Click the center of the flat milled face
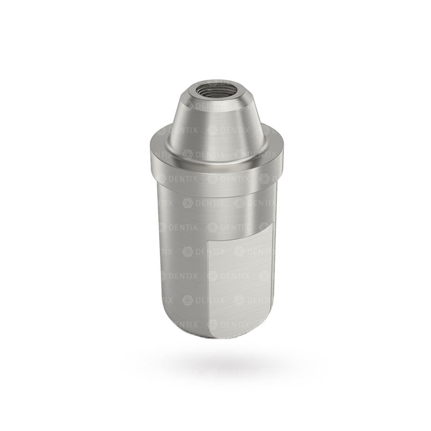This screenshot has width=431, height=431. (240, 286)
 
